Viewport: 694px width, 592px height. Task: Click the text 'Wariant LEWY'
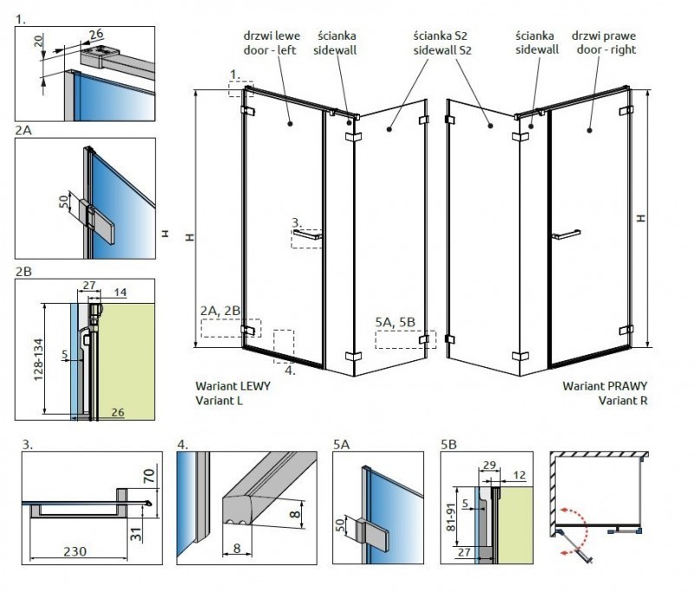pyautogui.click(x=233, y=385)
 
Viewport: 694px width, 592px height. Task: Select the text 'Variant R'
pyautogui.click(x=622, y=400)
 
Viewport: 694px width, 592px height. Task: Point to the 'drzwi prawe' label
pyautogui.click(x=604, y=36)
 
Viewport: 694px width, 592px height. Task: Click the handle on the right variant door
pyautogui.click(x=565, y=233)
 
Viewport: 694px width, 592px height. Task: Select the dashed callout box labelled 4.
pyautogui.click(x=285, y=342)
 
